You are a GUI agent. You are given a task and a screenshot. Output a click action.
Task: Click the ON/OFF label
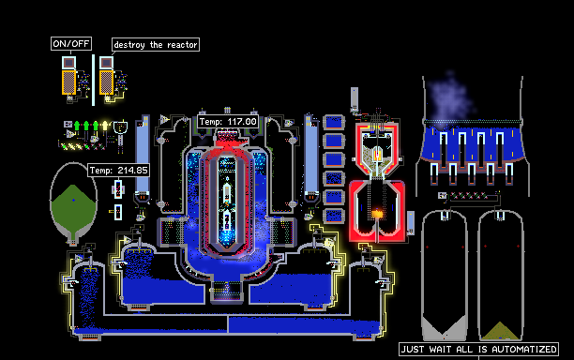click(x=71, y=44)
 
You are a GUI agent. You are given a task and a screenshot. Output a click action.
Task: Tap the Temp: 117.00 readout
click(x=228, y=122)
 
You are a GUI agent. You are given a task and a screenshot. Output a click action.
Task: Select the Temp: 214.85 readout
click(x=118, y=170)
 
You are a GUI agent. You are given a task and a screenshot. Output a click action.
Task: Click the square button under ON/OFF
click(x=68, y=63)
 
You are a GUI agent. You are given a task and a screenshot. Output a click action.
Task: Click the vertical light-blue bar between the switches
click(x=94, y=80)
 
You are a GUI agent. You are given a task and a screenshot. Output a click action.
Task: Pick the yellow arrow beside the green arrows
click(x=105, y=126)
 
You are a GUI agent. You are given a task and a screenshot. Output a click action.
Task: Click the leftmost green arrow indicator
click(x=77, y=126)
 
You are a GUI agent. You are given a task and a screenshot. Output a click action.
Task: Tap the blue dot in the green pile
click(x=73, y=200)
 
